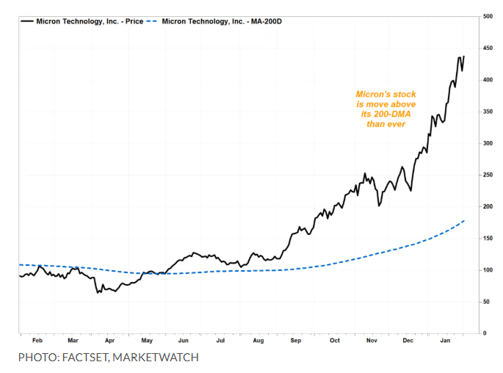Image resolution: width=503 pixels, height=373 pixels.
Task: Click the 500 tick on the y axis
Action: pos(488,16)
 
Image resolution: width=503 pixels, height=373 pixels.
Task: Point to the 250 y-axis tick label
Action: pos(488,175)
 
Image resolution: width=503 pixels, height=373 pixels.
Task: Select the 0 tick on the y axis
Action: pos(484,333)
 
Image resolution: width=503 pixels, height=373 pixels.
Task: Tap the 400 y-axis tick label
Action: pos(488,79)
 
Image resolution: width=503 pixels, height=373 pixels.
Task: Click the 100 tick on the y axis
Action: pos(488,270)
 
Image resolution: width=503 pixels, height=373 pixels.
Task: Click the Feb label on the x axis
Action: pos(37,341)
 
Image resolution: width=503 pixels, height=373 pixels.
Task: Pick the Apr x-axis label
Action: pos(109,341)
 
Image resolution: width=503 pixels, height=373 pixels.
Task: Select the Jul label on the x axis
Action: pos(220,341)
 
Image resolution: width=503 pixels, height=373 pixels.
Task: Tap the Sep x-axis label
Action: pos(295,341)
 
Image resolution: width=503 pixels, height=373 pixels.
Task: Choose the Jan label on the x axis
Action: pos(445,341)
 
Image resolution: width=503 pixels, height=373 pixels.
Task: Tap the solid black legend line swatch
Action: pos(27,21)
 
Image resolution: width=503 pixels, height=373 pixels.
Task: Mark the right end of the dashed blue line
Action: pos(464,220)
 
